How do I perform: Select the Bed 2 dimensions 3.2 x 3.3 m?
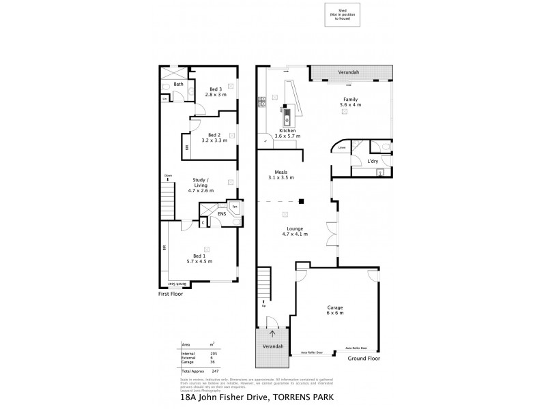[x=214, y=140]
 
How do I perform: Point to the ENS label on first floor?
[x=222, y=213]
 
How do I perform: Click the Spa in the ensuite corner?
[x=234, y=207]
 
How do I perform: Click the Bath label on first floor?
[x=178, y=85]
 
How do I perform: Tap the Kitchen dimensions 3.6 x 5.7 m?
[x=287, y=136]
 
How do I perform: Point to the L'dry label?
[x=373, y=160]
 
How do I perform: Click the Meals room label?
[x=281, y=172]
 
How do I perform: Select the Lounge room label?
[x=296, y=228]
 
